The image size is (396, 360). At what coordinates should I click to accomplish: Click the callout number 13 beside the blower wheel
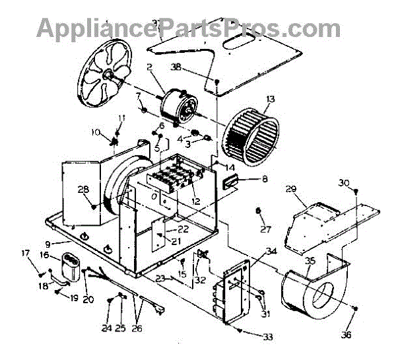click(269, 100)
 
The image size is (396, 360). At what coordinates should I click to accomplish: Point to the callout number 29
click(290, 190)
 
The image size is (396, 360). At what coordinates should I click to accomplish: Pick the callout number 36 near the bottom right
click(346, 334)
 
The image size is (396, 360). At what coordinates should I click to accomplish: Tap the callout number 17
click(26, 253)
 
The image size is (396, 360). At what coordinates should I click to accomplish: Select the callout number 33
click(267, 338)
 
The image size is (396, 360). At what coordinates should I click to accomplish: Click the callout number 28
click(83, 190)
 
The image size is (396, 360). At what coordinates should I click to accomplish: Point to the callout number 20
click(88, 299)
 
